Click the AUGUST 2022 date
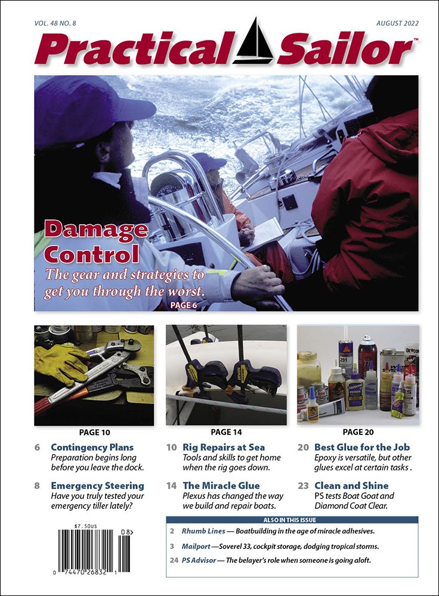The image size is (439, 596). click(397, 24)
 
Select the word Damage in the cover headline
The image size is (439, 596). click(96, 229)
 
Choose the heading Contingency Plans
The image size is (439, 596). click(92, 447)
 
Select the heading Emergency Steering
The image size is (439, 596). click(97, 486)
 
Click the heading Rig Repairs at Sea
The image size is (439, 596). click(224, 447)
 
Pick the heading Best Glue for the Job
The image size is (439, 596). click(362, 447)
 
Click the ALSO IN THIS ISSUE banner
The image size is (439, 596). click(292, 520)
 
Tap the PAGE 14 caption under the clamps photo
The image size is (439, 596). click(226, 432)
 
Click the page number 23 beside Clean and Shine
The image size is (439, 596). click(303, 486)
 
